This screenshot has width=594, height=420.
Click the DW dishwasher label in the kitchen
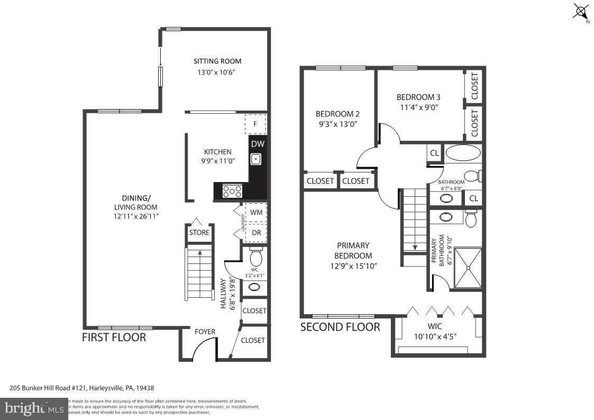(257, 144)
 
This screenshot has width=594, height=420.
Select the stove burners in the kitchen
(232, 191)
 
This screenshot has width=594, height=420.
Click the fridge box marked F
(255, 124)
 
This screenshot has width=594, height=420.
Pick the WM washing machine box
(256, 212)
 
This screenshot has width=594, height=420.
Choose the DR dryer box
(256, 233)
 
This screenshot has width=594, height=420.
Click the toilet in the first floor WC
(256, 258)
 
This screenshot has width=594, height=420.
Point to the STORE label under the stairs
(199, 233)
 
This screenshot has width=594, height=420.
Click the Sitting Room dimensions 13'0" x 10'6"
(214, 72)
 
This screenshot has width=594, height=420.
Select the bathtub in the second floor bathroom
(463, 153)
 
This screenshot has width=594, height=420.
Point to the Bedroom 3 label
(418, 97)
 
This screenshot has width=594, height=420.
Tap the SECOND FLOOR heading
(340, 327)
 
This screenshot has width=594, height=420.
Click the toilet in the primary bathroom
(470, 218)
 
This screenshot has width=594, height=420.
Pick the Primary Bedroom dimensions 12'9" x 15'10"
(353, 266)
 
